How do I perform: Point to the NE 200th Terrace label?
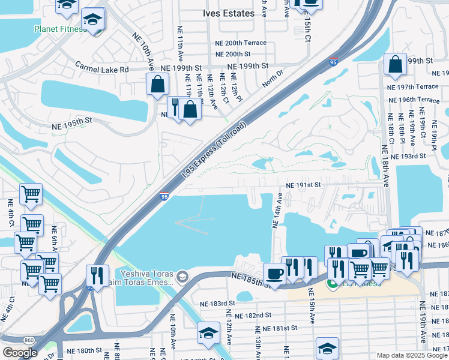tap(241, 43)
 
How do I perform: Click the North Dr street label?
tap(272, 80)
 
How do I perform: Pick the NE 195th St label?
tap(70, 121)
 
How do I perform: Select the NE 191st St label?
tap(304, 186)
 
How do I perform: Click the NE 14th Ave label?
tap(277, 211)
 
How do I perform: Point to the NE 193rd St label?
tap(408, 156)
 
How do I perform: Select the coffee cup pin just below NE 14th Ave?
tap(275, 273)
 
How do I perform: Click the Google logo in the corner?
tap(19, 353)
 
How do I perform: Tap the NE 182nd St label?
tap(254, 315)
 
